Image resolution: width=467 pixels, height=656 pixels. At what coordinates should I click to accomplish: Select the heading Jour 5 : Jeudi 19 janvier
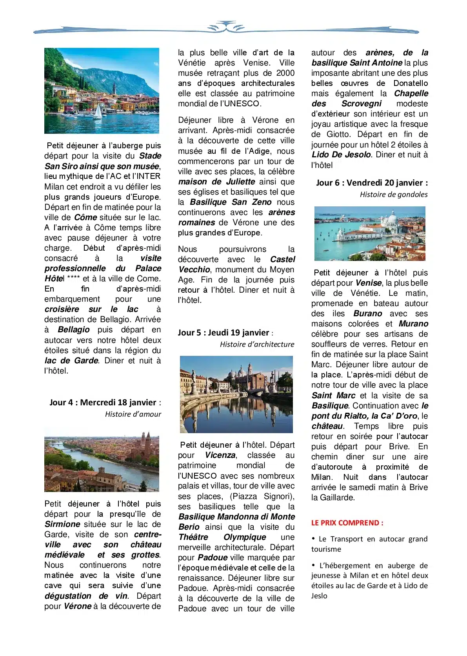[x=224, y=333]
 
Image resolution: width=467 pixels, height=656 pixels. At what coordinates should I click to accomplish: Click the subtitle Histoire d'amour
[x=133, y=414]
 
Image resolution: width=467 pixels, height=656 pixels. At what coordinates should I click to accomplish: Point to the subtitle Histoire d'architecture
[x=257, y=344]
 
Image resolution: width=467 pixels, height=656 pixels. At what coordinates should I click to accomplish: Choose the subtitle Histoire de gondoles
[x=394, y=195]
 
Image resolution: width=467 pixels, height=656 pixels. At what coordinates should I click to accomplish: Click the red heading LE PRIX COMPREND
[x=347, y=523]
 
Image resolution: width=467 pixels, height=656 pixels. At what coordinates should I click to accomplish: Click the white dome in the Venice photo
[x=392, y=217]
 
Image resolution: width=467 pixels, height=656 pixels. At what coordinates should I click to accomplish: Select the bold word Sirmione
[x=62, y=525]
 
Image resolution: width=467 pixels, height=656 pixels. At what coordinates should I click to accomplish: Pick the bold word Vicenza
[x=220, y=456]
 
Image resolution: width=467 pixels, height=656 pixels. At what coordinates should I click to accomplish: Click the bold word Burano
[x=367, y=314]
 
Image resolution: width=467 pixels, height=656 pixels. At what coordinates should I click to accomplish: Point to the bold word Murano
[x=413, y=324]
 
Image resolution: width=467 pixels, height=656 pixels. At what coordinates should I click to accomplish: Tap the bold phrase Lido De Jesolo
[x=341, y=155]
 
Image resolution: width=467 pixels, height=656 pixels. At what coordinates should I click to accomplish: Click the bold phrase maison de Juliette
[x=216, y=182]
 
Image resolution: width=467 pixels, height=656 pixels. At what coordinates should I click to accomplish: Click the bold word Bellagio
[x=74, y=330]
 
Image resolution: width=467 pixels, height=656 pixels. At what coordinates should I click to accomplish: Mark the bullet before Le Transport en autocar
[x=313, y=538]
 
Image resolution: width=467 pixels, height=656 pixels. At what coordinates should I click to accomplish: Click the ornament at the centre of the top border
[x=226, y=27]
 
